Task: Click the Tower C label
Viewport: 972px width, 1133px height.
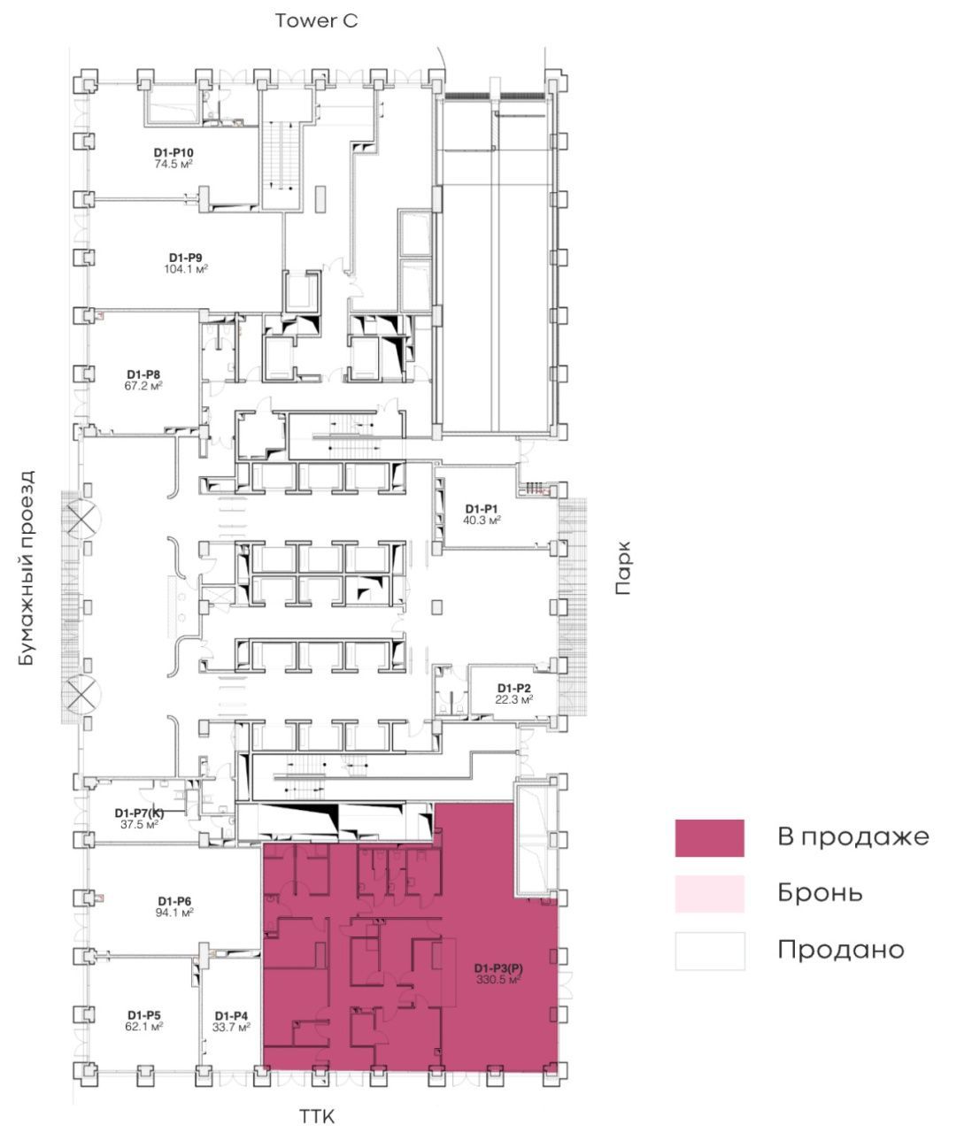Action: (x=316, y=21)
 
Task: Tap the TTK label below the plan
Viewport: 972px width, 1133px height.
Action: (x=316, y=1116)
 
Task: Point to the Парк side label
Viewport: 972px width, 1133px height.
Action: (x=623, y=568)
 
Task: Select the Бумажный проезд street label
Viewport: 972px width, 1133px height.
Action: (x=26, y=567)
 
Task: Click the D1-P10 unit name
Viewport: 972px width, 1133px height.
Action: (x=174, y=152)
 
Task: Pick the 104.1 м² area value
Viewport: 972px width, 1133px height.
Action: (x=186, y=269)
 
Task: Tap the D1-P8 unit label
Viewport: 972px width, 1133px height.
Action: (x=143, y=374)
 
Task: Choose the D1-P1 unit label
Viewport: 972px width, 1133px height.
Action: (x=482, y=509)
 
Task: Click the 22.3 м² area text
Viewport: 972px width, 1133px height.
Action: (x=513, y=699)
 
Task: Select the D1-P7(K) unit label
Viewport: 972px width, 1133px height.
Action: (x=139, y=813)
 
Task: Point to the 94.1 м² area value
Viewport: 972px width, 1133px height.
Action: (x=174, y=912)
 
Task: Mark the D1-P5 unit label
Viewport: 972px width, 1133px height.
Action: (x=144, y=1015)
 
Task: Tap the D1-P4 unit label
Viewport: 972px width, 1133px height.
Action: (x=231, y=1015)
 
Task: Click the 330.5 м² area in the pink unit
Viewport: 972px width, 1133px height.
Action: (x=498, y=979)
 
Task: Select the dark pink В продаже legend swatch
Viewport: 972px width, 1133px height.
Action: (x=709, y=837)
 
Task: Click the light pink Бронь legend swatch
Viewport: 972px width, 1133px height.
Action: (x=709, y=894)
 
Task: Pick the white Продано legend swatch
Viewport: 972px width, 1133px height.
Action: (x=709, y=951)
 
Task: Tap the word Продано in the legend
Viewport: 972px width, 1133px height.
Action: (x=840, y=951)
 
